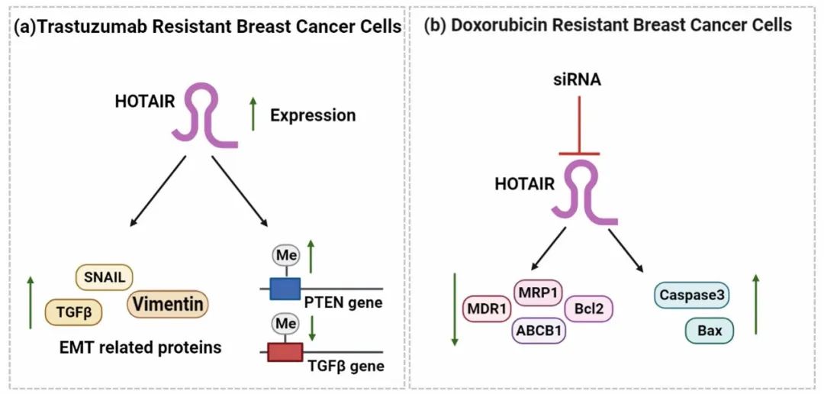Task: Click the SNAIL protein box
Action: coord(105,277)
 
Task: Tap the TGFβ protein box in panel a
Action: coord(73,312)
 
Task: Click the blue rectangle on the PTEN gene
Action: coord(285,289)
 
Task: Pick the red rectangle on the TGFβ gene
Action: coord(285,352)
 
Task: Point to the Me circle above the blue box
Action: coord(287,255)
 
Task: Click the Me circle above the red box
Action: coord(286,325)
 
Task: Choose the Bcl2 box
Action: coord(589,308)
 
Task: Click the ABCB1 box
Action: coord(539,331)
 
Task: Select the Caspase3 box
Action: coord(693,295)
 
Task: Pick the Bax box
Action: coord(709,331)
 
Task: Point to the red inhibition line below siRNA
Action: coord(579,126)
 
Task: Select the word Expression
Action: coord(313,115)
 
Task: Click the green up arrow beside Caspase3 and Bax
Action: coord(755,305)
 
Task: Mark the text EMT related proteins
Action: coord(140,348)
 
